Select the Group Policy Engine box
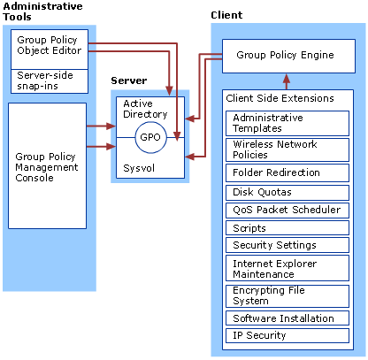tap(288, 56)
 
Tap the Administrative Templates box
tap(287, 123)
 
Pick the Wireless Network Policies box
tap(287, 149)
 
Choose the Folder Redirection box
tap(287, 172)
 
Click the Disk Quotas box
tap(287, 193)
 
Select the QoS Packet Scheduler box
tap(287, 211)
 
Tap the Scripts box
tap(287, 228)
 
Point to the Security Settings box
tap(287, 245)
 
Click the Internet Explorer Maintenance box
tap(287, 268)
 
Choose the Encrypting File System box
tap(287, 296)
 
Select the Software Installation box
tap(287, 318)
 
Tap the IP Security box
tap(287, 335)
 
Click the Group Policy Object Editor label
tap(49, 45)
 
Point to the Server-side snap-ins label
tap(45, 80)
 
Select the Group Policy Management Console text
tap(47, 167)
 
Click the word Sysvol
tap(139, 168)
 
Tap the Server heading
tap(129, 80)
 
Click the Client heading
tap(226, 15)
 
